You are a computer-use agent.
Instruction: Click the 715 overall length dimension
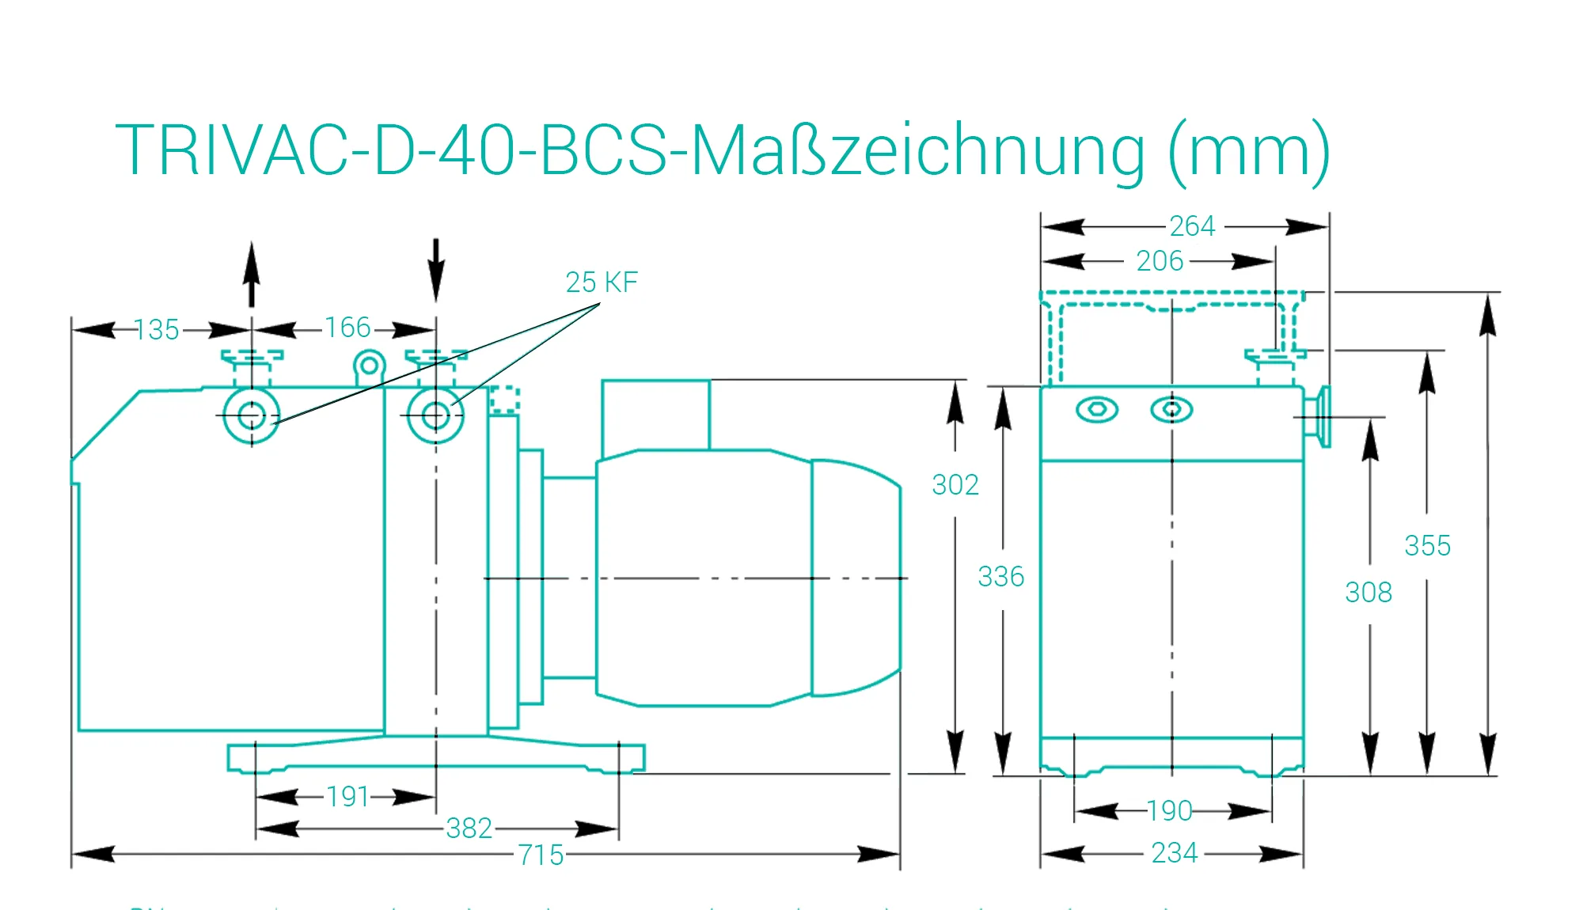[x=541, y=855]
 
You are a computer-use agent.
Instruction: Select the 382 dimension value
[x=469, y=828]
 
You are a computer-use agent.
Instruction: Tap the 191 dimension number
[x=347, y=796]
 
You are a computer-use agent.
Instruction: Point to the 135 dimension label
[x=157, y=329]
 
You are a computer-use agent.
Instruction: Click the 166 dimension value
[x=347, y=327]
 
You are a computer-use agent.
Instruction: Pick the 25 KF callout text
[x=601, y=282]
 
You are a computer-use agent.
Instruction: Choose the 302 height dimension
[x=955, y=484]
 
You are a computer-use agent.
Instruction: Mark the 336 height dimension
[x=1000, y=576]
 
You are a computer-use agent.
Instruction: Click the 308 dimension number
[x=1369, y=592]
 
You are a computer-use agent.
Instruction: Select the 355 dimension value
[x=1427, y=545]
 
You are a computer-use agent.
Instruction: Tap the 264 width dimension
[x=1192, y=226]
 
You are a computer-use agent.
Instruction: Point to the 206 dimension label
[x=1160, y=260]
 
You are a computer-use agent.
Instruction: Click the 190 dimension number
[x=1169, y=810]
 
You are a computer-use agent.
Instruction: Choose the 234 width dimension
[x=1175, y=853]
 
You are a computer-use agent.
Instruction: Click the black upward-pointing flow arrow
[x=252, y=274]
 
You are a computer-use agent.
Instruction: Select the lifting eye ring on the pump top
[x=369, y=366]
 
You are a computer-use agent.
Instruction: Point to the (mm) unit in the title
[x=1249, y=150]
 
